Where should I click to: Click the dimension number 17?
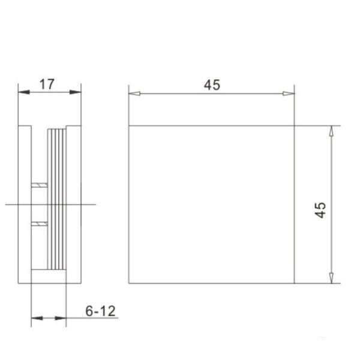(x=47, y=84)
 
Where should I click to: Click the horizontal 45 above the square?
(x=211, y=85)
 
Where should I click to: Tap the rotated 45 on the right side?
(x=320, y=209)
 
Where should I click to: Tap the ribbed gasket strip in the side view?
(x=56, y=198)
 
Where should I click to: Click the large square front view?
(x=211, y=204)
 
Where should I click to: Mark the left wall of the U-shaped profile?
(x=25, y=204)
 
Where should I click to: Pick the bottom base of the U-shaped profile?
(x=48, y=276)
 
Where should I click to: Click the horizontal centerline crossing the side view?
(x=12, y=205)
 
